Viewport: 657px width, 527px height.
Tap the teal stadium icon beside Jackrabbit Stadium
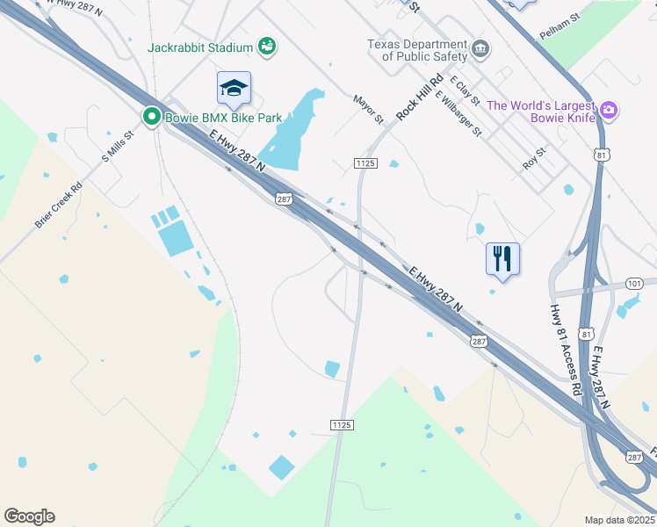pyautogui.click(x=268, y=47)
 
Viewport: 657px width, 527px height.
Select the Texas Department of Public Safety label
pyautogui.click(x=417, y=50)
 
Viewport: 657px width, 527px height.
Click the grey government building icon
pyautogui.click(x=480, y=48)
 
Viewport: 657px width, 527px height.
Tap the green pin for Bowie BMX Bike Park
pyautogui.click(x=152, y=116)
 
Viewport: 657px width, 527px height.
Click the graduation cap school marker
pyautogui.click(x=234, y=88)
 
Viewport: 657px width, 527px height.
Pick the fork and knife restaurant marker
pyautogui.click(x=502, y=258)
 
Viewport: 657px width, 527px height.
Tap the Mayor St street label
pyautogui.click(x=369, y=109)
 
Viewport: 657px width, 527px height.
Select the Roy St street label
pyautogui.click(x=534, y=157)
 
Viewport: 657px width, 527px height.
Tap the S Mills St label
pyautogui.click(x=117, y=147)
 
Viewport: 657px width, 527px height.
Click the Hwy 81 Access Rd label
pyautogui.click(x=566, y=350)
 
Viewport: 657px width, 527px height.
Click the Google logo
pyautogui.click(x=29, y=516)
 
